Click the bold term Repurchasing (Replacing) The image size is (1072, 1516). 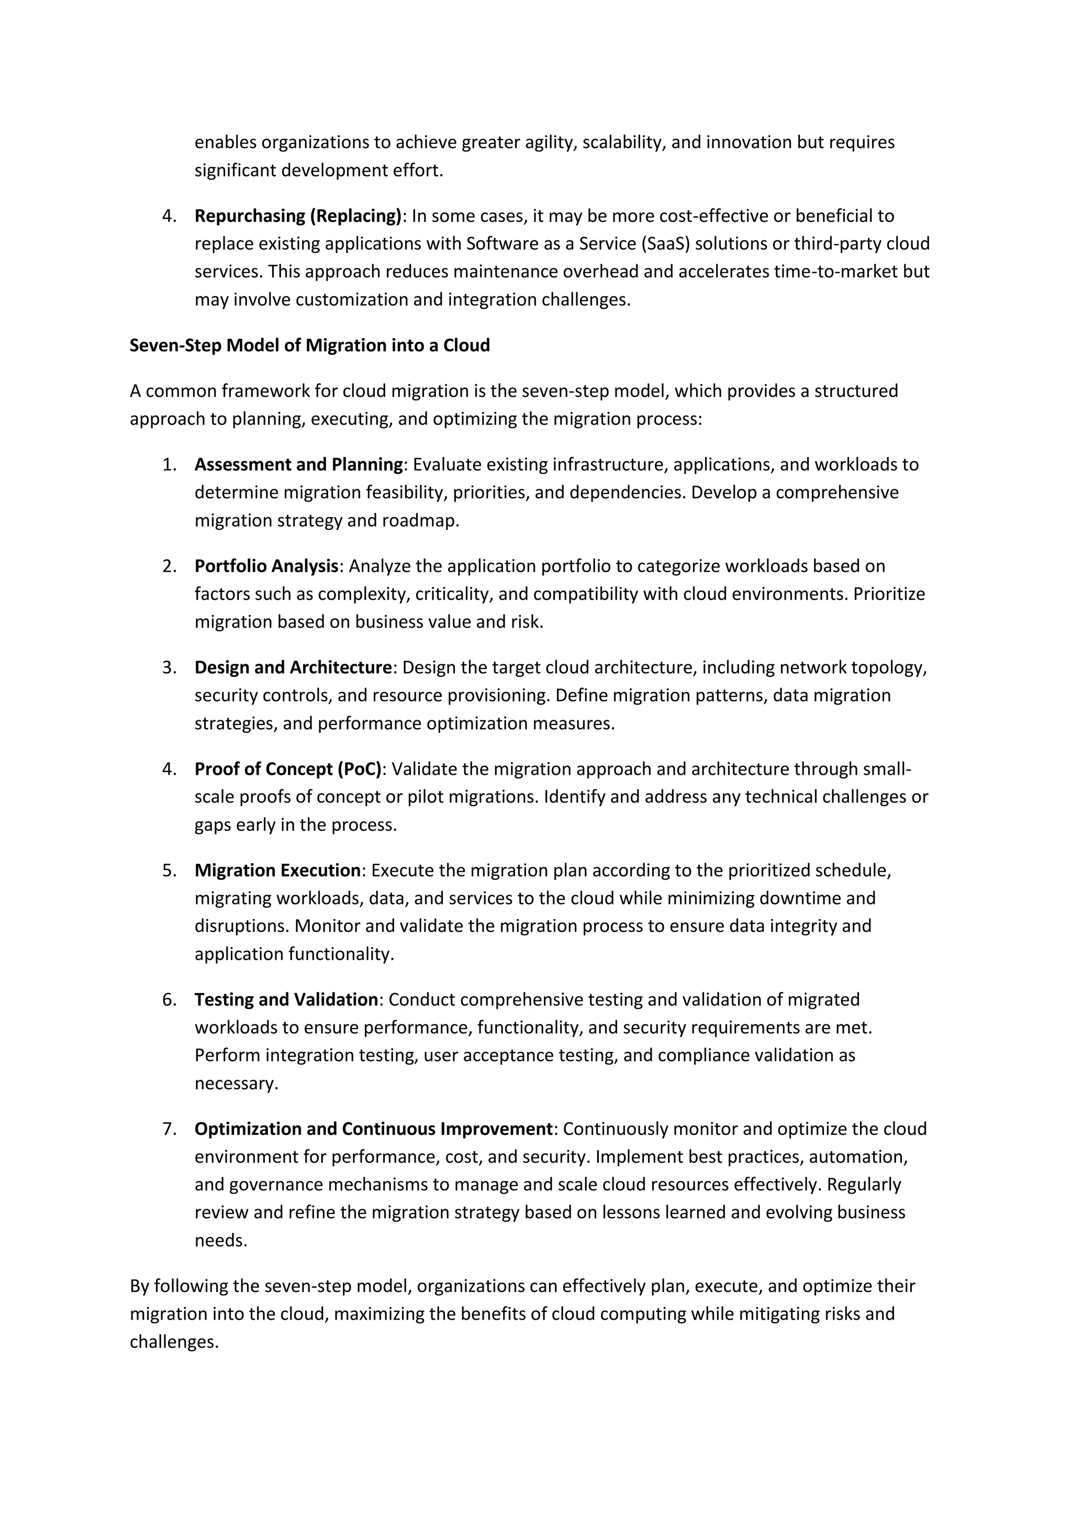(x=298, y=216)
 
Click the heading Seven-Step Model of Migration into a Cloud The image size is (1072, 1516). (x=309, y=345)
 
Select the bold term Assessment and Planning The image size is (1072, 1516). (x=298, y=465)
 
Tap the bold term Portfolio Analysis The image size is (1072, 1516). (x=266, y=566)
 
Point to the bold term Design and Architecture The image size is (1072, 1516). (x=293, y=667)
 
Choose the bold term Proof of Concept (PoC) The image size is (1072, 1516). (x=288, y=769)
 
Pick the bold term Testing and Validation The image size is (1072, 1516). (x=286, y=1000)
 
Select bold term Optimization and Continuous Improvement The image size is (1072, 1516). (x=373, y=1129)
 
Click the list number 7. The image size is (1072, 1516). (x=169, y=1129)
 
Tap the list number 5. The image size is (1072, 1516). (x=169, y=870)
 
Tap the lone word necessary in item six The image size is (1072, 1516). (x=236, y=1084)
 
